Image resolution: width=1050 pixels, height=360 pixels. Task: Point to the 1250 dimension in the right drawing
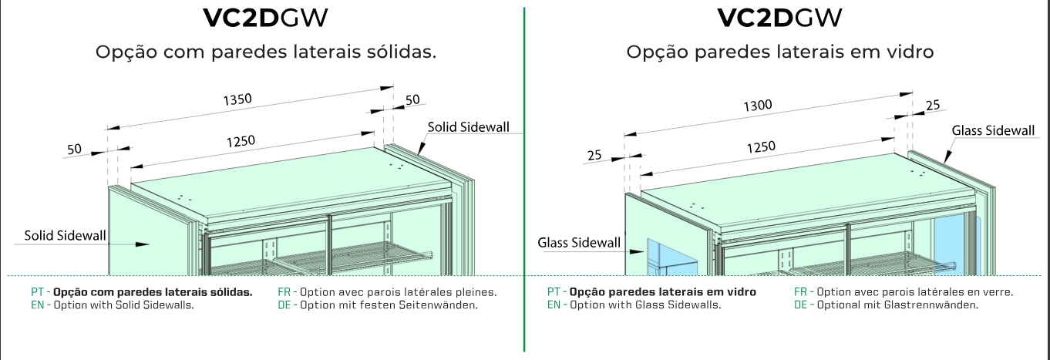762,147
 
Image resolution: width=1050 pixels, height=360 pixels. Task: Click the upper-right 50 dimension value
412,99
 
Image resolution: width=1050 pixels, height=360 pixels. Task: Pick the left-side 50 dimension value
74,149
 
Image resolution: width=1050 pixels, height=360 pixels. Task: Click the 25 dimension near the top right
932,105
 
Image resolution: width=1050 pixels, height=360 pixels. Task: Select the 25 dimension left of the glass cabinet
594,156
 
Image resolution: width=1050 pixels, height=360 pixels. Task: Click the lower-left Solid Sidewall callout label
65,236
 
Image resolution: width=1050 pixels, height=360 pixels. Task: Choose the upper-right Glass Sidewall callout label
993,130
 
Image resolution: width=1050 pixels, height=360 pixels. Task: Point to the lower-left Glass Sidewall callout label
579,243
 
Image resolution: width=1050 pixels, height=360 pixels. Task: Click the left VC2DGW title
266,18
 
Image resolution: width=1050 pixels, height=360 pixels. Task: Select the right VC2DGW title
779,18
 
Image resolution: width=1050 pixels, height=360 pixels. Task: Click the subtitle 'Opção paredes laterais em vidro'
780,52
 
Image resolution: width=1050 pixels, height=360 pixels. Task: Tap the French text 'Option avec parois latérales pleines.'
387,292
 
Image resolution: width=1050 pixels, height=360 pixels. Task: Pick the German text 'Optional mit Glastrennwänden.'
887,304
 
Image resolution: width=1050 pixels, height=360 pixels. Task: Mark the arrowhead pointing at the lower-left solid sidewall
143,244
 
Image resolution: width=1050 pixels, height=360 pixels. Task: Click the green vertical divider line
524,177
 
